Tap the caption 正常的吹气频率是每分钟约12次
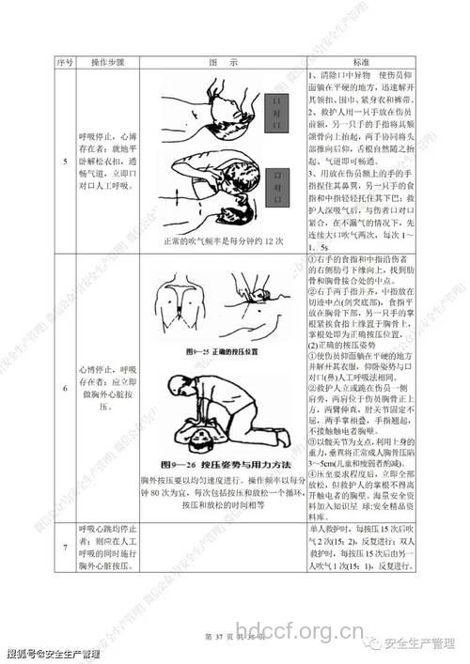[222, 242]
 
